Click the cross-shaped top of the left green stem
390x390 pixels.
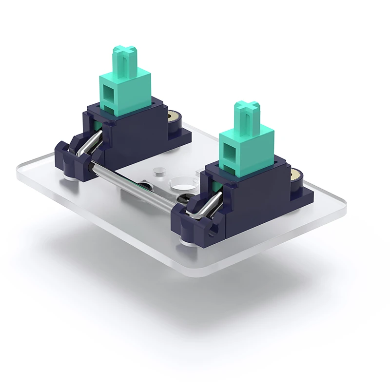125,52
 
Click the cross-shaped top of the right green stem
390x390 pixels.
246,107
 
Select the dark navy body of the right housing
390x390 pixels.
253,200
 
